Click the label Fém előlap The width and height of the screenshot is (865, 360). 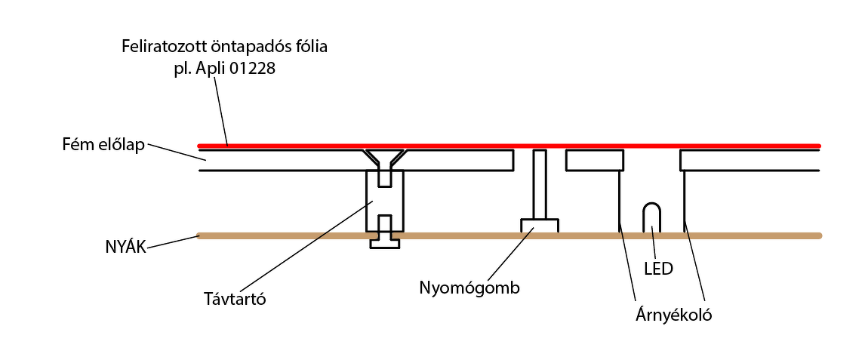(104, 145)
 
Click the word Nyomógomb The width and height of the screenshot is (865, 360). (469, 288)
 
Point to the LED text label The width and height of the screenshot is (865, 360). (657, 267)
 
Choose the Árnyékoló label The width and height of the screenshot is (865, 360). (674, 315)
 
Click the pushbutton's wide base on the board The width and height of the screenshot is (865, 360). (539, 226)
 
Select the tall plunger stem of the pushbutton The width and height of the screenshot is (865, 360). (539, 184)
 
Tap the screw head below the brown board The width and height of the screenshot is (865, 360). (385, 243)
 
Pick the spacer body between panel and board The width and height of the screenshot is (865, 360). (385, 200)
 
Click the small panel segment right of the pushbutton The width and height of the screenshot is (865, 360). (594, 160)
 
